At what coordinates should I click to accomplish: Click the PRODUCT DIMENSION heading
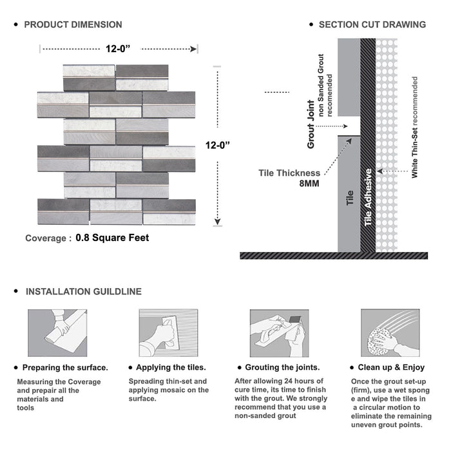(73, 24)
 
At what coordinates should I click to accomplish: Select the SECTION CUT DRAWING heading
(372, 24)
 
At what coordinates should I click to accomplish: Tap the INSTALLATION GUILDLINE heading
(83, 292)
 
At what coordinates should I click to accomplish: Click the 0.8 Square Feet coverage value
(112, 238)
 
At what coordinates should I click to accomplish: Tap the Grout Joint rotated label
(311, 124)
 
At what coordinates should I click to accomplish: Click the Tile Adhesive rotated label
(368, 197)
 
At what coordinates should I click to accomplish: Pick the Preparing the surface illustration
(57, 333)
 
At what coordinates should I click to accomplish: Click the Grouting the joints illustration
(278, 333)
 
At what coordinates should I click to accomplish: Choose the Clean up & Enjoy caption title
(392, 368)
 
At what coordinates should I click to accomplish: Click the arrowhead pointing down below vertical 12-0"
(219, 220)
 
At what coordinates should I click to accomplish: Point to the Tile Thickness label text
(289, 173)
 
